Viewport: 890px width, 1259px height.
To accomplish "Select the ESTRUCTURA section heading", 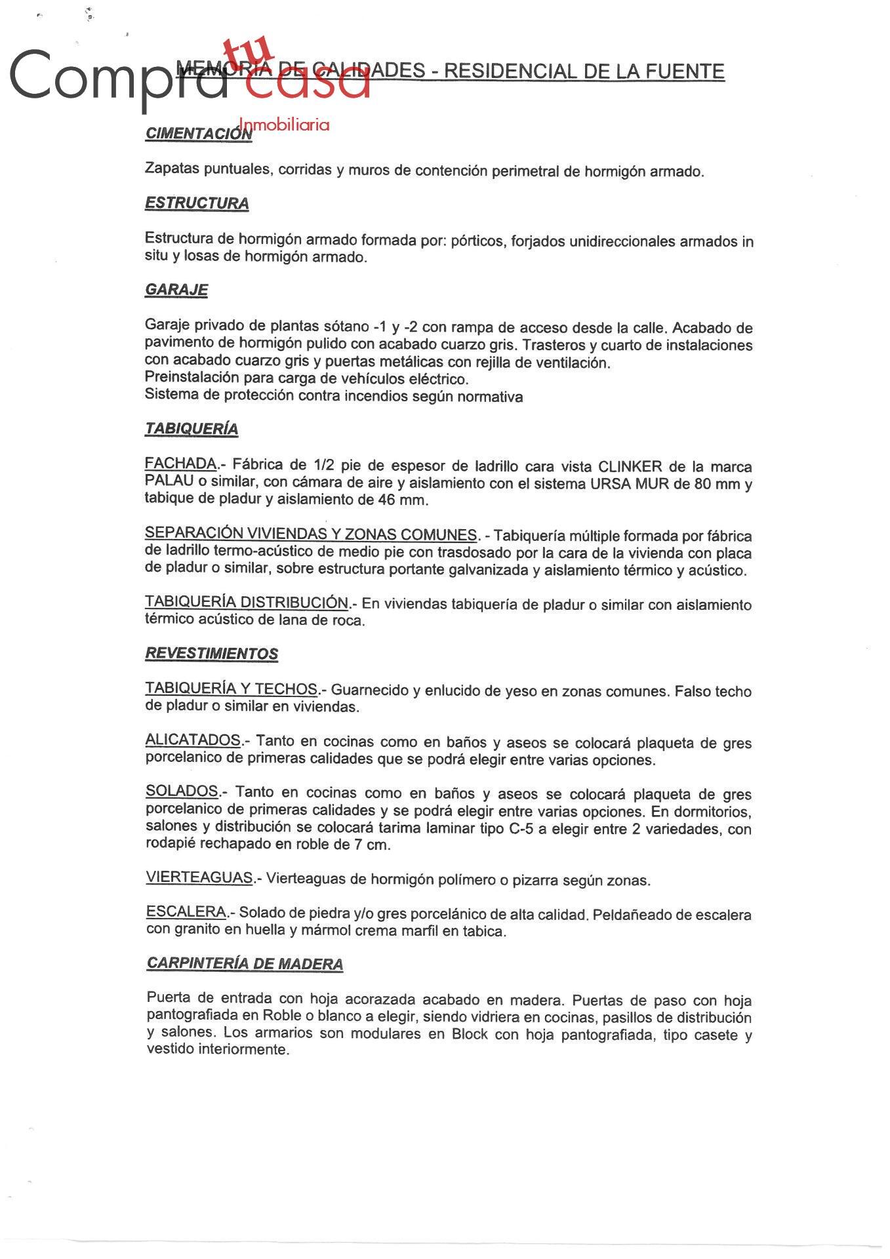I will [197, 203].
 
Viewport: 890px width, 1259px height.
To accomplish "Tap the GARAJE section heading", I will [176, 290].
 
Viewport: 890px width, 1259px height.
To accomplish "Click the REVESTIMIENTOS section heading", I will [211, 654].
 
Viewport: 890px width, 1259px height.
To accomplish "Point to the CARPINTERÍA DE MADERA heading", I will [245, 963].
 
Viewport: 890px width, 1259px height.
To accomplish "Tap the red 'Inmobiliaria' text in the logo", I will [285, 125].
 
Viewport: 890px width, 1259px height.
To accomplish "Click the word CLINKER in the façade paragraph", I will [630, 467].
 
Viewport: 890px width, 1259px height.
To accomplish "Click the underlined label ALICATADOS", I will [193, 740].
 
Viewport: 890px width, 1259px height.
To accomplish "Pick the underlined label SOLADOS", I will [182, 791].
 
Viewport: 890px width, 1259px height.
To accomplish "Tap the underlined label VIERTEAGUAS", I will [199, 877].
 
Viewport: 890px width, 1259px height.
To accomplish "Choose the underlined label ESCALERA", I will [186, 911].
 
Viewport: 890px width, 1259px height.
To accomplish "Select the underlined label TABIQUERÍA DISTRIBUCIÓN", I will [247, 602].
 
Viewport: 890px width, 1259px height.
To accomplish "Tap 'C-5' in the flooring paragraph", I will [521, 828].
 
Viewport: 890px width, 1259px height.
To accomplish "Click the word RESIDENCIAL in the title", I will [508, 71].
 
